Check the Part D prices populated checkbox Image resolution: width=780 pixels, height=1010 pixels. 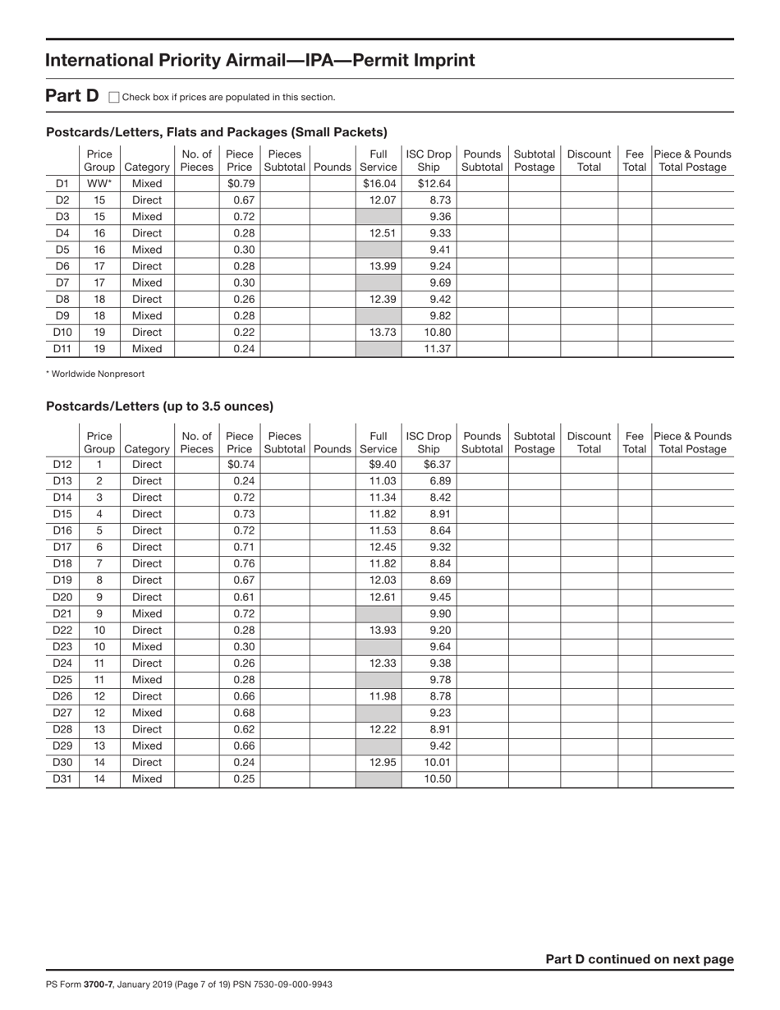pyautogui.click(x=114, y=97)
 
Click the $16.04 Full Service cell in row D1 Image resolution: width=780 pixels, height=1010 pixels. pyautogui.click(x=379, y=183)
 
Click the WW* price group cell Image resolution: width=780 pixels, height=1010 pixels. pyautogui.click(x=99, y=183)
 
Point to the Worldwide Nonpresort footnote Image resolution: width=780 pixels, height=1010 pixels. pyautogui.click(x=95, y=374)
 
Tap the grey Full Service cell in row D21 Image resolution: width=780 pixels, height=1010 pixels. pyautogui.click(x=379, y=613)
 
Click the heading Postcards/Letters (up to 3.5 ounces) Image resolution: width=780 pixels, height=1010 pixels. pyautogui.click(x=159, y=406)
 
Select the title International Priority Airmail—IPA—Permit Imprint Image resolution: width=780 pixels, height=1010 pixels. pyautogui.click(x=259, y=60)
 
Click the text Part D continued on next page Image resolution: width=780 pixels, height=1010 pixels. pyautogui.click(x=640, y=959)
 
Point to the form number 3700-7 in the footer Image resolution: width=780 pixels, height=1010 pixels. pyautogui.click(x=98, y=984)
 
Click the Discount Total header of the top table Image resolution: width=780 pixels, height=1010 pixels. pyautogui.click(x=589, y=160)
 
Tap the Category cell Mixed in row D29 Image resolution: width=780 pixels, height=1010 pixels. pyautogui.click(x=147, y=746)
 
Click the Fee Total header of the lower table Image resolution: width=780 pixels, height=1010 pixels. pyautogui.click(x=634, y=443)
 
